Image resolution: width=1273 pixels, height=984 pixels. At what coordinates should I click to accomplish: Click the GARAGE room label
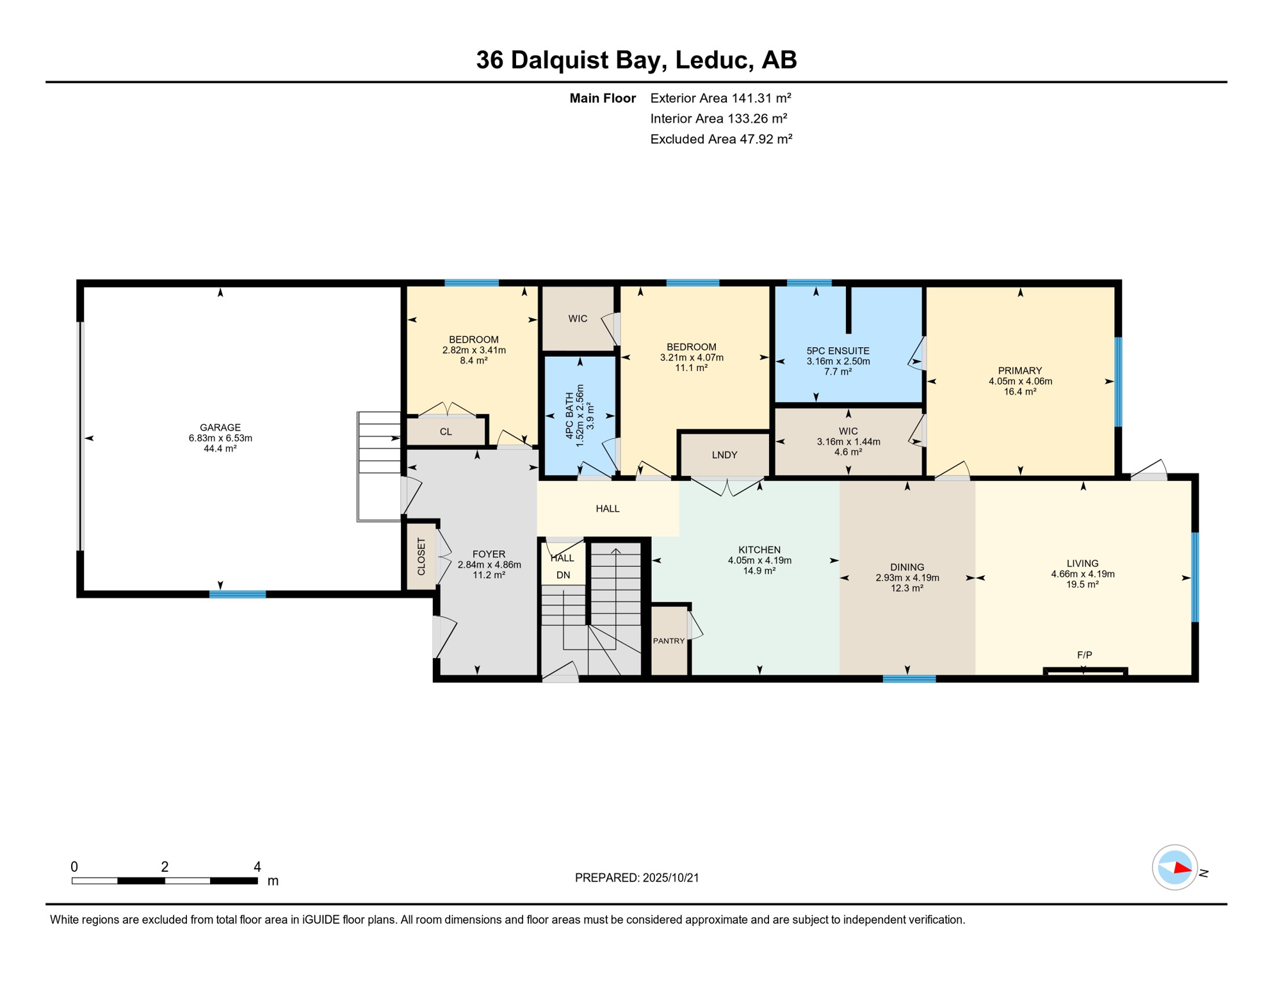point(220,428)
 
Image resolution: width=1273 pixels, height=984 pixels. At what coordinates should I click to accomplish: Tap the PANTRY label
point(669,641)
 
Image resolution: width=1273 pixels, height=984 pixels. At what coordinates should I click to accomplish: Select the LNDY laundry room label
point(724,455)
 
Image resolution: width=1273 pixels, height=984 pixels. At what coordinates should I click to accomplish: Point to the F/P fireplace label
point(1084,655)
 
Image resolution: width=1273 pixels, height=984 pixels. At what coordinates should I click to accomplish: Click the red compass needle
point(1183,869)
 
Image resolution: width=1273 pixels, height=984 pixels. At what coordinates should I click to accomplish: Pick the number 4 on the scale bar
point(257,867)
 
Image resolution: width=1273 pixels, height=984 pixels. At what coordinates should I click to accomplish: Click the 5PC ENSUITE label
point(838,351)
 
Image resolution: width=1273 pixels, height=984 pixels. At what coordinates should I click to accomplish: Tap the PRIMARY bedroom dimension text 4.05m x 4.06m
point(1020,381)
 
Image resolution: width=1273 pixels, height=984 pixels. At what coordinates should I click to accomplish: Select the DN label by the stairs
point(563,575)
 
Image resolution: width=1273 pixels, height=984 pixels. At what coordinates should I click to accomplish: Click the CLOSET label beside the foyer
point(421,557)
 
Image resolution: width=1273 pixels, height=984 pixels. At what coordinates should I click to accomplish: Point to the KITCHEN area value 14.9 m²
point(759,571)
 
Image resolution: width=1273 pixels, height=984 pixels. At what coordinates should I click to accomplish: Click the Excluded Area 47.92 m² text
point(721,139)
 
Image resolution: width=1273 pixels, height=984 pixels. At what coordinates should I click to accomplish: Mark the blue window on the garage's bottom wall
point(238,594)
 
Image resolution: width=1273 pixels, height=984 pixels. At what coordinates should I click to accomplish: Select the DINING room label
point(907,567)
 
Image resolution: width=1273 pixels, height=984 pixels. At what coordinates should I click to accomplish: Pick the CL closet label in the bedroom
point(446,432)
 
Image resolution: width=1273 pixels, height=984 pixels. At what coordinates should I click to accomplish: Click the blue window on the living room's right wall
point(1194,577)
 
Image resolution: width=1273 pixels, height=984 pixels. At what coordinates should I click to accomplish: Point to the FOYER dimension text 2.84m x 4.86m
point(489,565)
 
